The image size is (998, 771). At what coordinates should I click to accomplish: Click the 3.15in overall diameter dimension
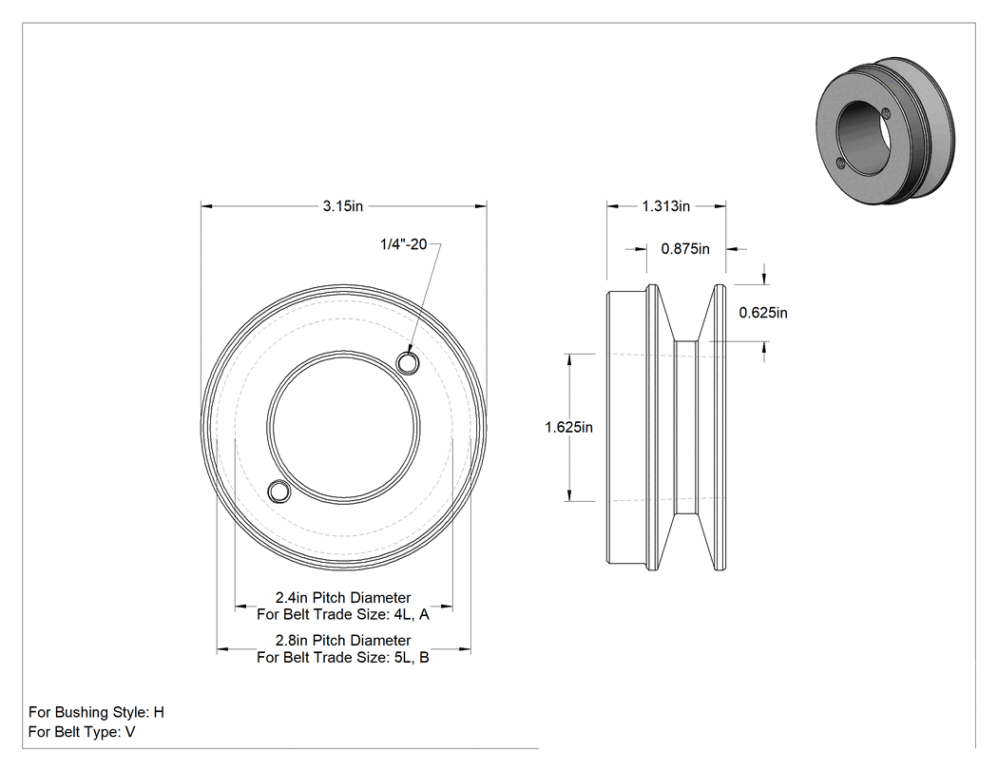pyautogui.click(x=342, y=206)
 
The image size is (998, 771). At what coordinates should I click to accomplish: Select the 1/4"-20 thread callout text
pyautogui.click(x=404, y=243)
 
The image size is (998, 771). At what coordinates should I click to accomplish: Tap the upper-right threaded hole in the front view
pyautogui.click(x=408, y=363)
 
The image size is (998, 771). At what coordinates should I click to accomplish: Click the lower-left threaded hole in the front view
pyautogui.click(x=278, y=492)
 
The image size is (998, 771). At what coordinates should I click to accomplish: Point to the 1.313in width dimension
pyautogui.click(x=665, y=206)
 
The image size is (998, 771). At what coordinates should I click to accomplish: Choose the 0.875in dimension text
pyautogui.click(x=685, y=249)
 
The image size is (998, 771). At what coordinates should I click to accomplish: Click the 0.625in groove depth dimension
pyautogui.click(x=763, y=313)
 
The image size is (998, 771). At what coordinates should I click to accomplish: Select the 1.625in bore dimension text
pyautogui.click(x=568, y=427)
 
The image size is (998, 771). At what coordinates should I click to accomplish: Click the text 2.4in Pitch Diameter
pyautogui.click(x=343, y=597)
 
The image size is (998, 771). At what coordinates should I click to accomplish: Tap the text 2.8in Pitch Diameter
pyautogui.click(x=343, y=640)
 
